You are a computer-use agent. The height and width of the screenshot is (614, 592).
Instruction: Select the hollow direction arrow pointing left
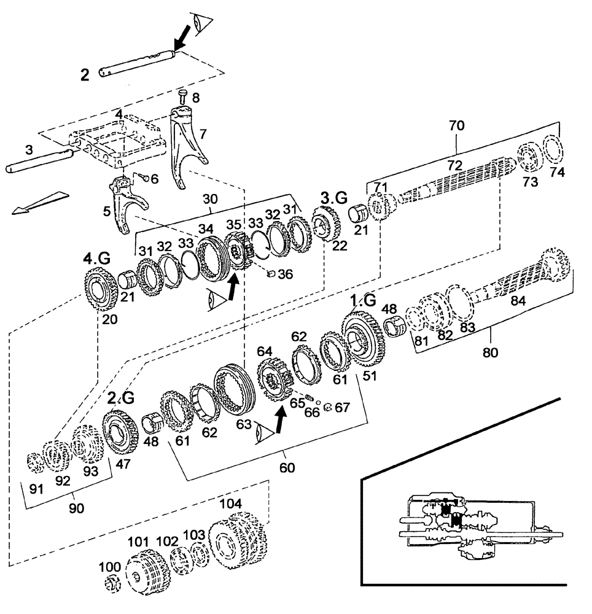37,204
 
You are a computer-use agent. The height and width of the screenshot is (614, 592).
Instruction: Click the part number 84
517,300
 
